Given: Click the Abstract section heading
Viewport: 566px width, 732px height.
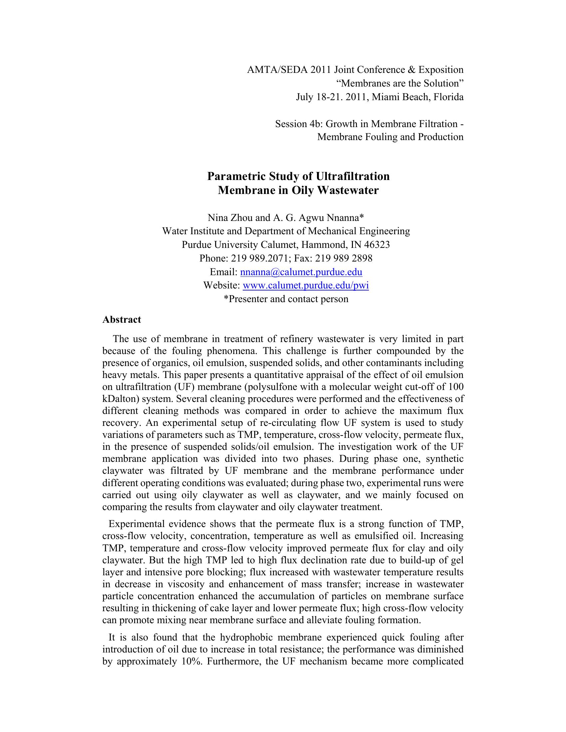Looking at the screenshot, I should click(x=122, y=319).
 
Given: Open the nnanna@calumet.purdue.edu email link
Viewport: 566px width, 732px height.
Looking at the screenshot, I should click(x=301, y=272).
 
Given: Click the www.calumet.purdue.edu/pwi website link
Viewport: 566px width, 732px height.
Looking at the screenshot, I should click(x=305, y=285).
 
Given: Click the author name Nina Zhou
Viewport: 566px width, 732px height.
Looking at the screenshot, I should click(x=230, y=218).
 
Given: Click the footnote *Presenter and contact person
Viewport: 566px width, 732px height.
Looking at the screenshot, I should click(x=286, y=299).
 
